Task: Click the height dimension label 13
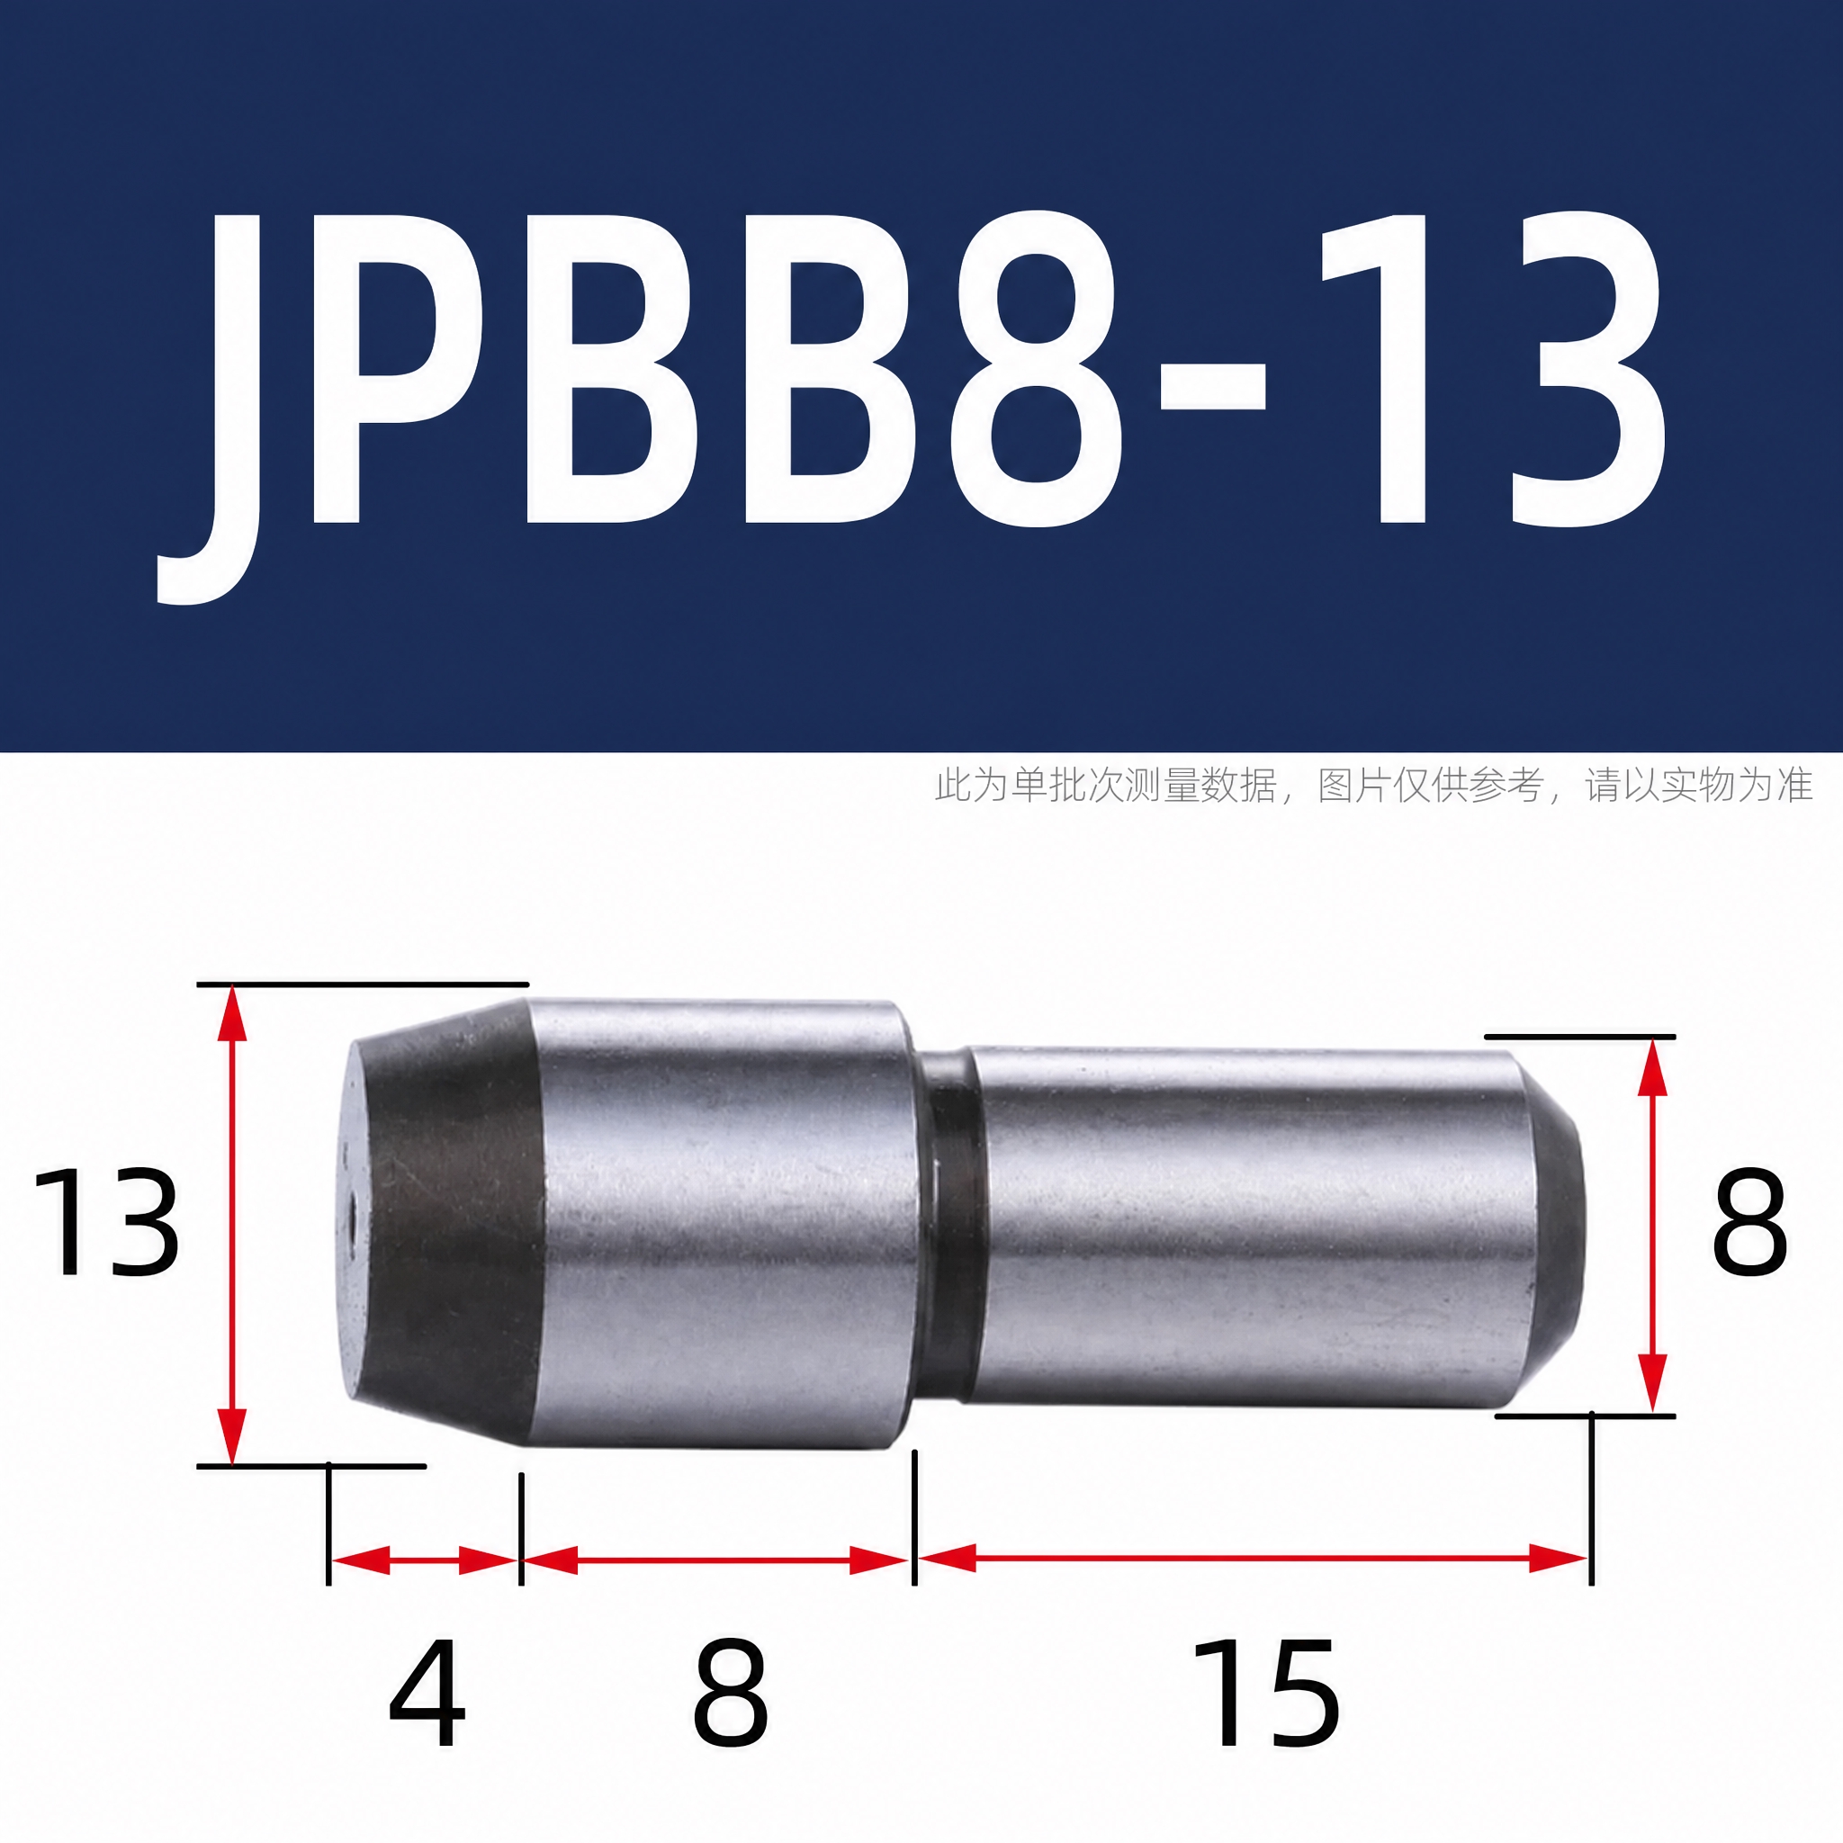[x=105, y=1222]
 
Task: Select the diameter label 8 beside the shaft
[x=1749, y=1222]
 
